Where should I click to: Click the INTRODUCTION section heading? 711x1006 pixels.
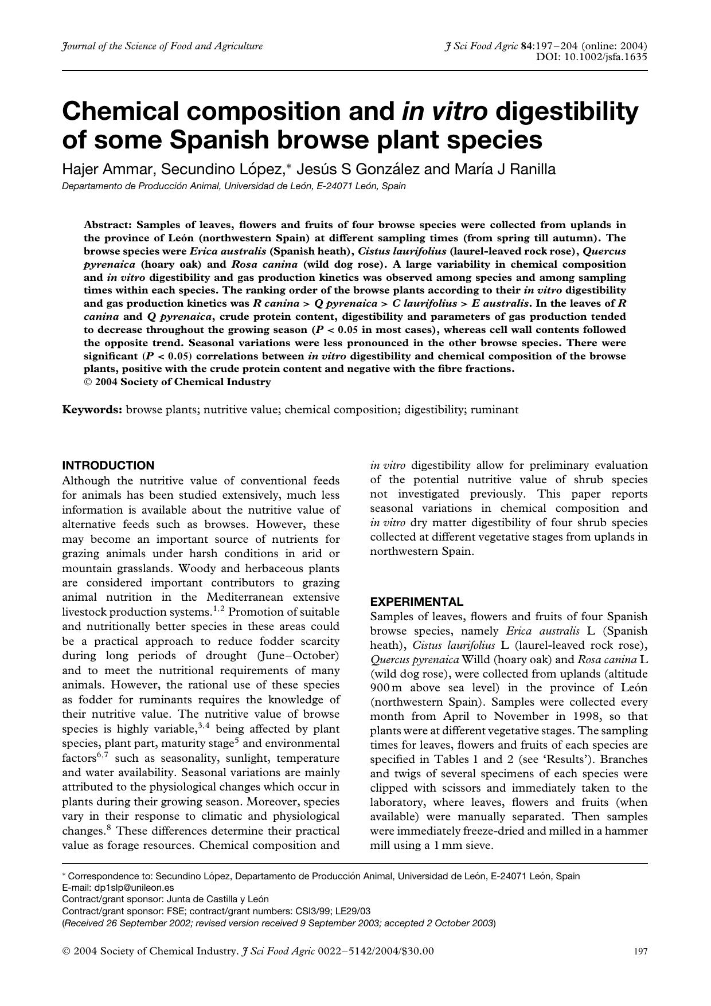tap(108, 465)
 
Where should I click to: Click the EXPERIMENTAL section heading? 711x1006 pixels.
tap(416, 602)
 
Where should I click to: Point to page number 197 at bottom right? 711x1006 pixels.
tap(640, 952)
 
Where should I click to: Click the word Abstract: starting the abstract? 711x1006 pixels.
tap(108, 225)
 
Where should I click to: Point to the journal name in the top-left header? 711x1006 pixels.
tap(162, 46)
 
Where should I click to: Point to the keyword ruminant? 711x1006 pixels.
tap(494, 410)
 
